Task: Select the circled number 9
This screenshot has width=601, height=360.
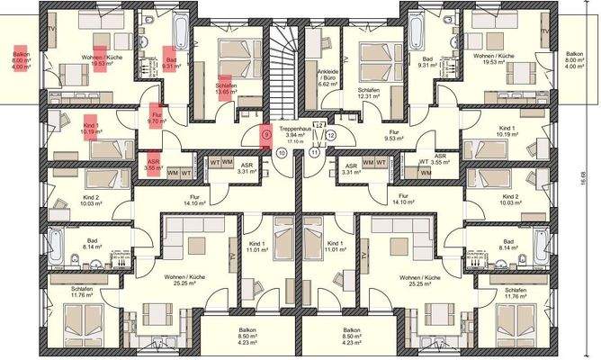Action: (265, 135)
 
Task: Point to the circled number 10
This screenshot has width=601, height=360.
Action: (283, 153)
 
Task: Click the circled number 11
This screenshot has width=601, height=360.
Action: (315, 153)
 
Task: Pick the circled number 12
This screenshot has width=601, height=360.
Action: (331, 135)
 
